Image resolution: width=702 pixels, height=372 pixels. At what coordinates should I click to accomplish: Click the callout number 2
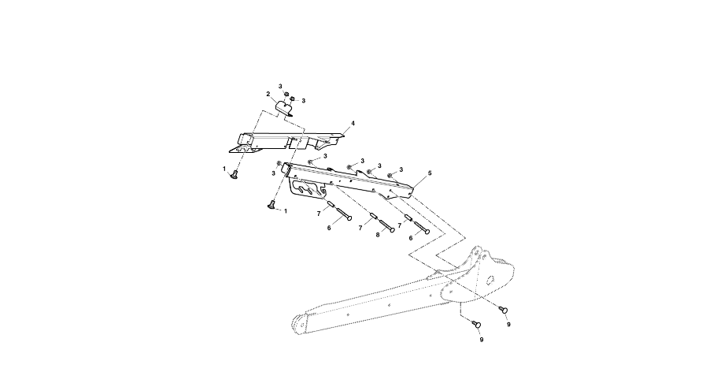coord(268,94)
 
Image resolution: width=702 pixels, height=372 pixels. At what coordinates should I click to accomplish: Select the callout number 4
coord(353,123)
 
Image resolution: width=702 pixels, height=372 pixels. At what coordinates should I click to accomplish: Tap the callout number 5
coord(430,173)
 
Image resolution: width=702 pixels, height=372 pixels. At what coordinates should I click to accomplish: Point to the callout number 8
coord(378,235)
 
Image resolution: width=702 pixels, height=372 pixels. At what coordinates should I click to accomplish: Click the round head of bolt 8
coord(393,230)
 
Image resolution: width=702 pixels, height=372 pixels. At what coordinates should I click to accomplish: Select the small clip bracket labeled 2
coord(283,107)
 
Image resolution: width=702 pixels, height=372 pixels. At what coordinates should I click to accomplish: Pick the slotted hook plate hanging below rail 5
coord(309,188)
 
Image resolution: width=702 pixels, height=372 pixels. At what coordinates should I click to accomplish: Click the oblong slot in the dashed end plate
coord(491,280)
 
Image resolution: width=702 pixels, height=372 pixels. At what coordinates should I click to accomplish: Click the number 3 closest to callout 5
coord(401,169)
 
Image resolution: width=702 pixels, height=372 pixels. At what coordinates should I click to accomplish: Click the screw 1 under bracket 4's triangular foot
coord(233,176)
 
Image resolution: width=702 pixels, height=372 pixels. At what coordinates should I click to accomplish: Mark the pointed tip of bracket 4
coord(343,135)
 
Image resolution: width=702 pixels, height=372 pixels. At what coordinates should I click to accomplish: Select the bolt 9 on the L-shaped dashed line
coord(477,324)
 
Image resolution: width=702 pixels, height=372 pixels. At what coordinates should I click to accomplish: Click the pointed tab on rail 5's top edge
coord(359,172)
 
